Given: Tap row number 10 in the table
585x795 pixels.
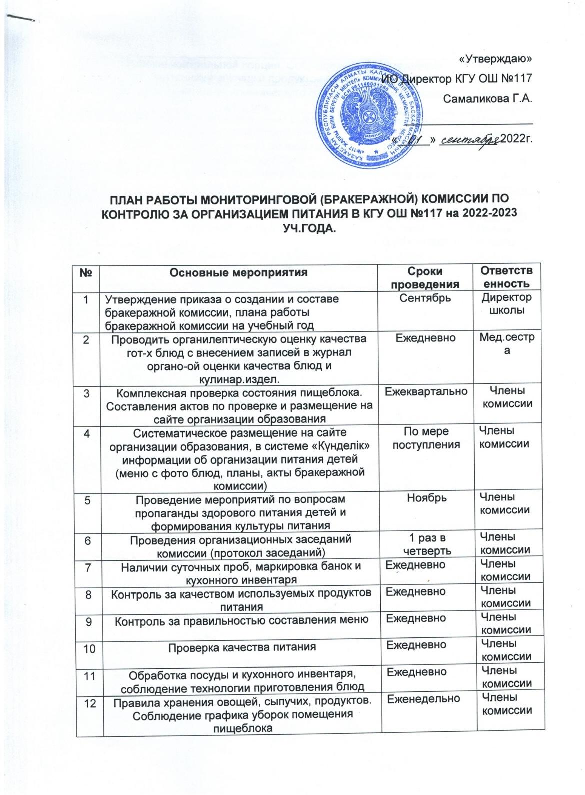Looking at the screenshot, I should pos(89,647).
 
